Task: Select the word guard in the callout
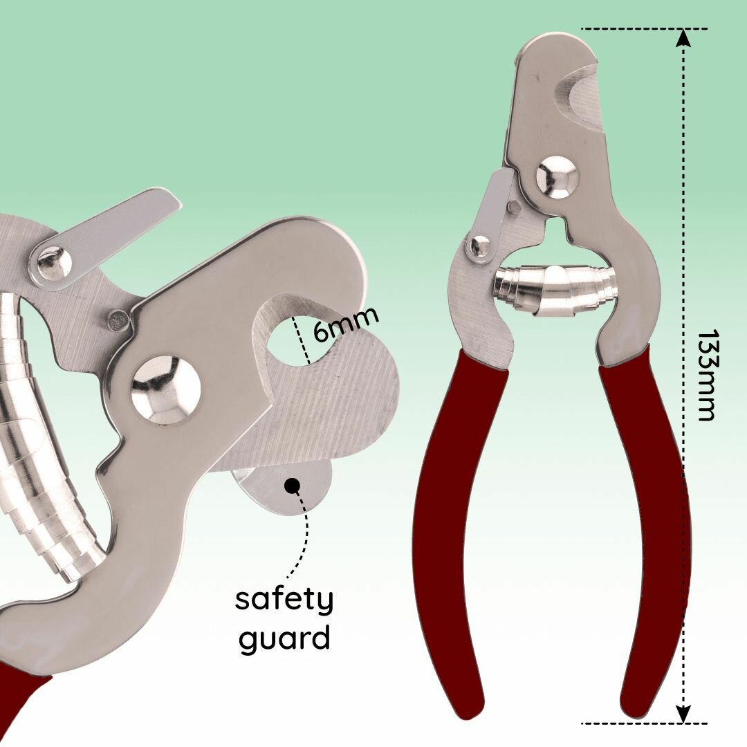coord(284,638)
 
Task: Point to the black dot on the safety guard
coord(292,485)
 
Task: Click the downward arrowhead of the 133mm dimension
coord(683,714)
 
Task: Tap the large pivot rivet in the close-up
coord(166,389)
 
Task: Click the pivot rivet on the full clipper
coord(557,178)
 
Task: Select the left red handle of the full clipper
coord(450,526)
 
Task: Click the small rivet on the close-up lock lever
coord(53,263)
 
